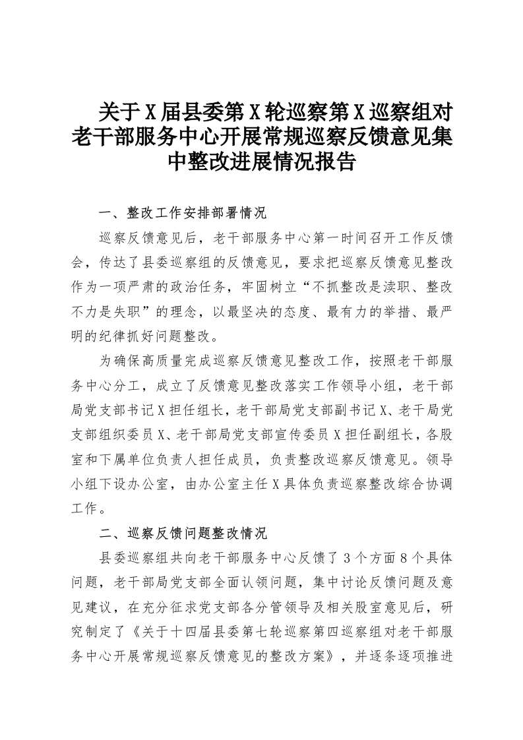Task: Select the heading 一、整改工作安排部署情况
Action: (181, 214)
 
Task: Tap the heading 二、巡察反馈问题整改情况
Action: (181, 532)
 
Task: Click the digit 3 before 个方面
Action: (348, 557)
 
